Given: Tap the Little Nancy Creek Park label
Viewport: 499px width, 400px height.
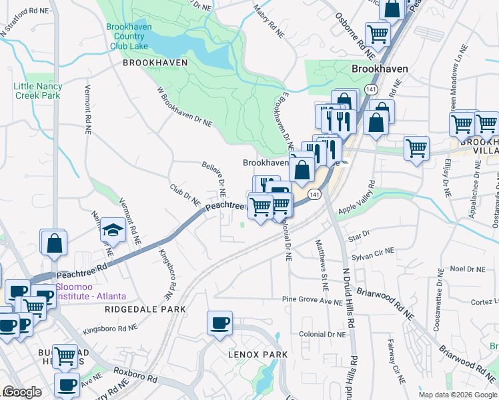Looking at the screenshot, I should [x=37, y=91].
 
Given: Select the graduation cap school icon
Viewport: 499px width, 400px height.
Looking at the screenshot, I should [x=113, y=231].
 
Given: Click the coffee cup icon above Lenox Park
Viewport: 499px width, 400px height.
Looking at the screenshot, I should [x=219, y=325].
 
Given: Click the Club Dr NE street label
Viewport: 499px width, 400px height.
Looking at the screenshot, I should [x=185, y=195].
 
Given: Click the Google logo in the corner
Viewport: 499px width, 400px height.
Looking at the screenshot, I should [x=22, y=392].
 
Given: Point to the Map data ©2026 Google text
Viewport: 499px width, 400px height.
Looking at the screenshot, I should [x=458, y=395].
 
